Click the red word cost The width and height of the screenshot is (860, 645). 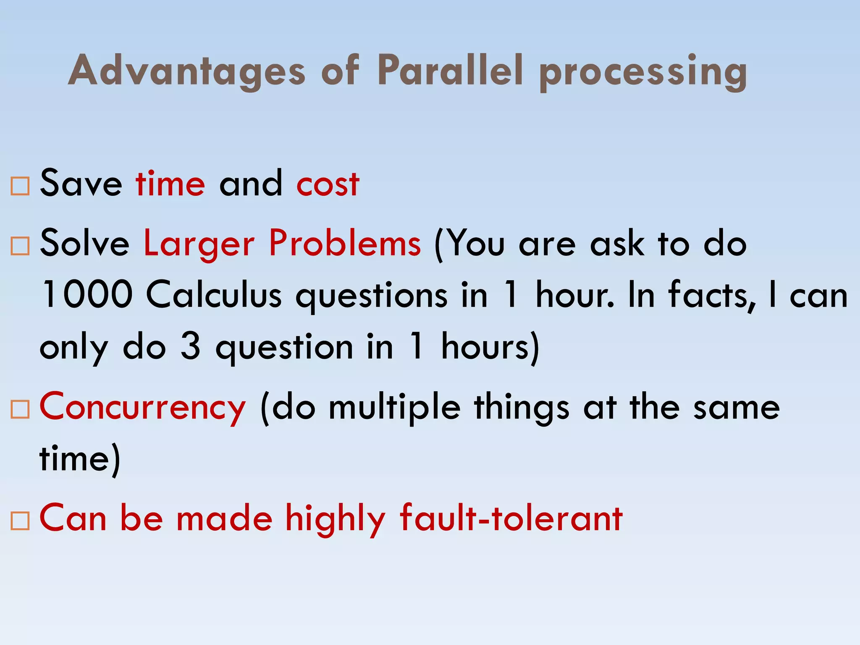coord(328,184)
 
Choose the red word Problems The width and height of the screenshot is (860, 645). coord(344,244)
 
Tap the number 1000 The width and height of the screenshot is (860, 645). coord(87,295)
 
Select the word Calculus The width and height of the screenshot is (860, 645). coord(214,295)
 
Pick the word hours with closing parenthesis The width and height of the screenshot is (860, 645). coord(490,348)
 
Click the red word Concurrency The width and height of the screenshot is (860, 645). coord(142,407)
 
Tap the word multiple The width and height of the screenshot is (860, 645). coord(394,408)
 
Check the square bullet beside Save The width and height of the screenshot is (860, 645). coord(20,186)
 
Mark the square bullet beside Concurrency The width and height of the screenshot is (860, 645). coord(20,409)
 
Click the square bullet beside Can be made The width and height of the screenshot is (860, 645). coord(20,521)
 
